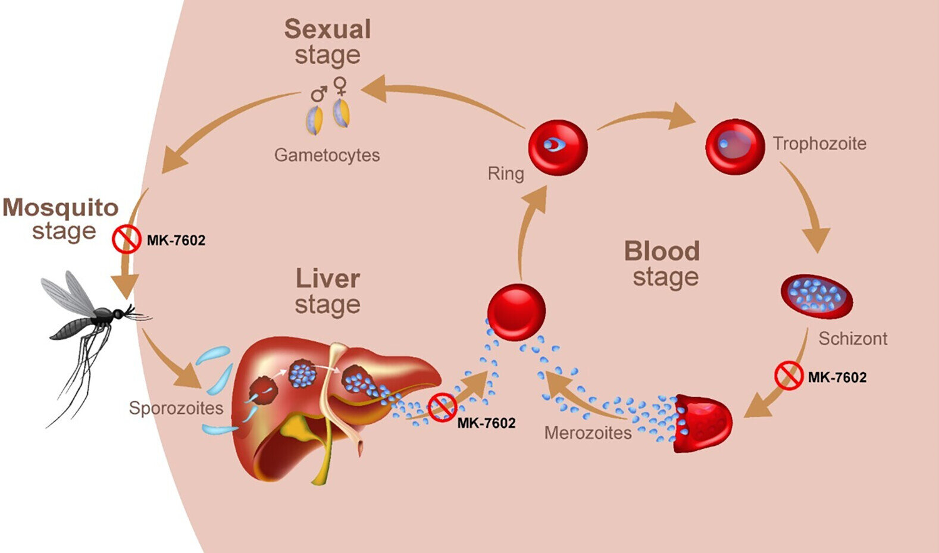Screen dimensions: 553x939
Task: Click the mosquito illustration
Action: coord(89,333)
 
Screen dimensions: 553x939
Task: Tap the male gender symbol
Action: coord(320,93)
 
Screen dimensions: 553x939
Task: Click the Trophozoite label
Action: coord(819,143)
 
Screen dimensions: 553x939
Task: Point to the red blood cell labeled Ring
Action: coord(558,147)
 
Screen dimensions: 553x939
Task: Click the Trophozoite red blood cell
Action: coord(734,146)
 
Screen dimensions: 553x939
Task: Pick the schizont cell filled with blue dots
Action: coord(816,296)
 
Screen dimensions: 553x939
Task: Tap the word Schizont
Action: coord(852,339)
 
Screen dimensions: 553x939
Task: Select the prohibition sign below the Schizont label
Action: coord(789,376)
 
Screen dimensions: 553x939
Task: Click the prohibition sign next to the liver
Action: coord(442,407)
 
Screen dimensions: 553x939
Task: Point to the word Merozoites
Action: coord(588,433)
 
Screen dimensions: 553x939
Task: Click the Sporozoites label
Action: coord(176,408)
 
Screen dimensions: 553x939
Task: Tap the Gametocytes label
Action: coord(327,155)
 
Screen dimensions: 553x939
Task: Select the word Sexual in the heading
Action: coord(327,29)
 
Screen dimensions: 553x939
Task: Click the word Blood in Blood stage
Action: coord(662,251)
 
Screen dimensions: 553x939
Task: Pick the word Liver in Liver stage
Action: coord(327,279)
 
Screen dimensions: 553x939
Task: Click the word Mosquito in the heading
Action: coord(61,208)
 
